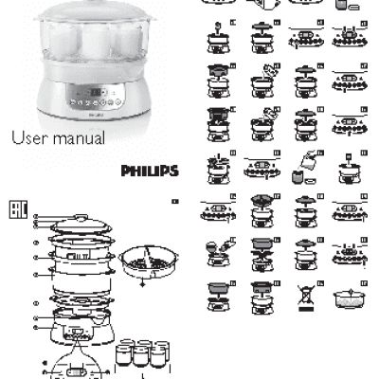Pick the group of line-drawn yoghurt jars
tap(142, 358)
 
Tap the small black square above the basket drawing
tap(174, 203)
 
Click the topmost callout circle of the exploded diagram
tap(36, 217)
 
